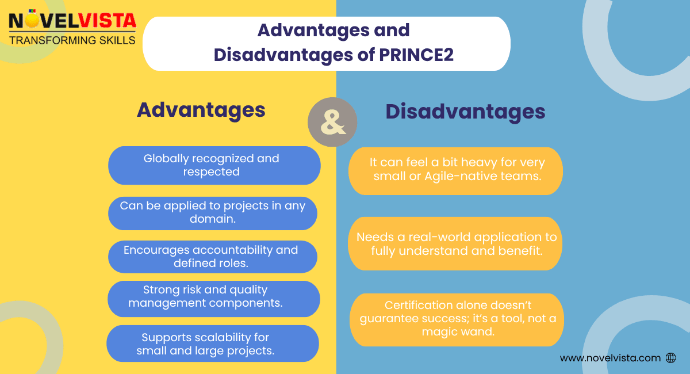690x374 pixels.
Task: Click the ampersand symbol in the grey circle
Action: pos(332,122)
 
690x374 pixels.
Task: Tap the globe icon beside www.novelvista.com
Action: pos(670,358)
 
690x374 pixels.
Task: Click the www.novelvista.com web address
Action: pos(610,358)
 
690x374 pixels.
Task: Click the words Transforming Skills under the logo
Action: pos(72,40)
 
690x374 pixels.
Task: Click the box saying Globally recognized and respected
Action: pos(214,165)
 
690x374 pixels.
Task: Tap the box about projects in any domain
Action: pos(213,212)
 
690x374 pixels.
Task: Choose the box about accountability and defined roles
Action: pos(212,257)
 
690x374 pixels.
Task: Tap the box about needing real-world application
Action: pos(455,243)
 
